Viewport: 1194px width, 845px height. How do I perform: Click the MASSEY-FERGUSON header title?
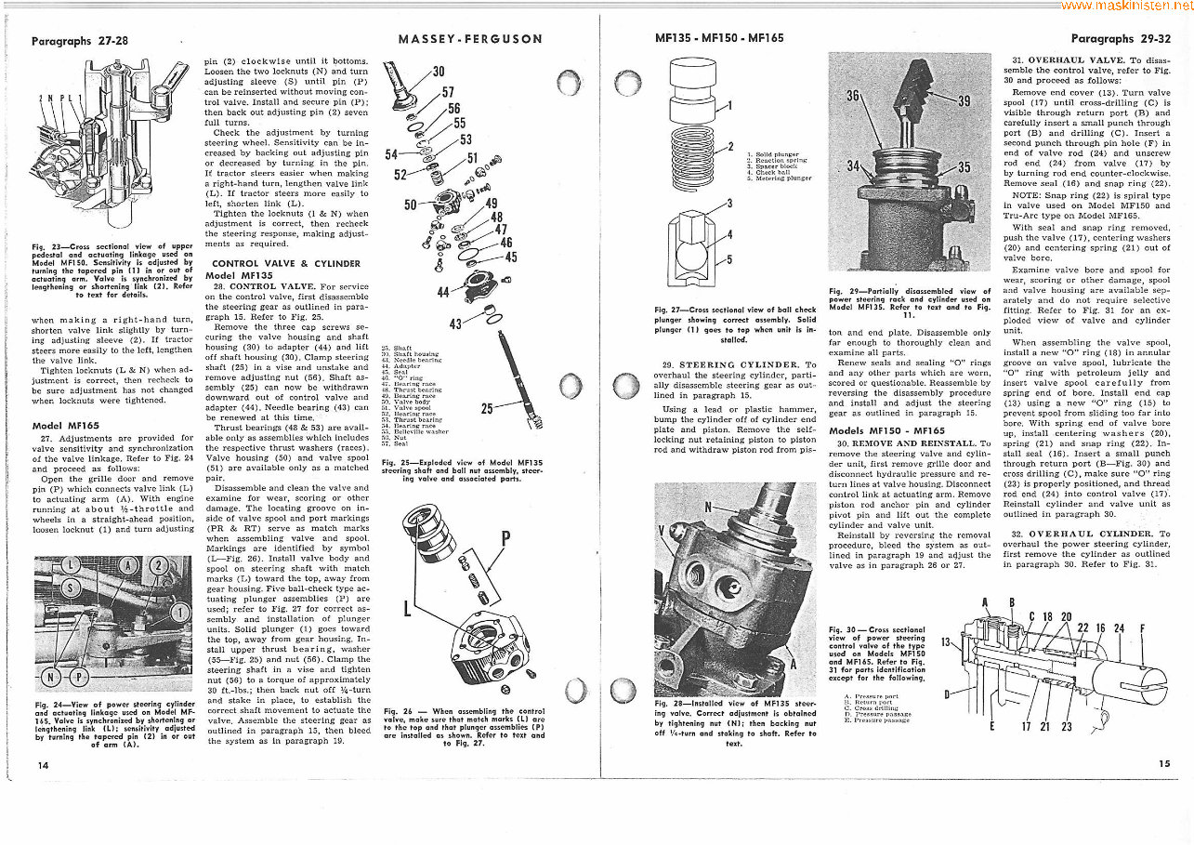(470, 39)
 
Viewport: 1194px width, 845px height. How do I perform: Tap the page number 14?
(44, 764)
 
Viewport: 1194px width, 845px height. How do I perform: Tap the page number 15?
(1164, 763)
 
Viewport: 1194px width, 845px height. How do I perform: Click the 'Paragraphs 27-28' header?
(80, 41)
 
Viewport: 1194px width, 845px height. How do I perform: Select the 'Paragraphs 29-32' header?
(1121, 39)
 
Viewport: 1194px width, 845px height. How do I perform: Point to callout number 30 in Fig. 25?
(439, 72)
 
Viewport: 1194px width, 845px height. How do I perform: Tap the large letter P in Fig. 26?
(505, 539)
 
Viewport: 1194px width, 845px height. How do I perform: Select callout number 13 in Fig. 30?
(947, 642)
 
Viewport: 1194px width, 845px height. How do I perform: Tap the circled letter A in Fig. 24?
(129, 566)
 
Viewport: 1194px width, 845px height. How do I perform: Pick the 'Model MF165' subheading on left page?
(59, 426)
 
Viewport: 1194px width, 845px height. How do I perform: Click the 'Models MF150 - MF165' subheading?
(886, 430)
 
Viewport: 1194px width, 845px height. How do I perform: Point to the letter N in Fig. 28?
(709, 507)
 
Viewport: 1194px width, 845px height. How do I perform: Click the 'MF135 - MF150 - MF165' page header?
(718, 39)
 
